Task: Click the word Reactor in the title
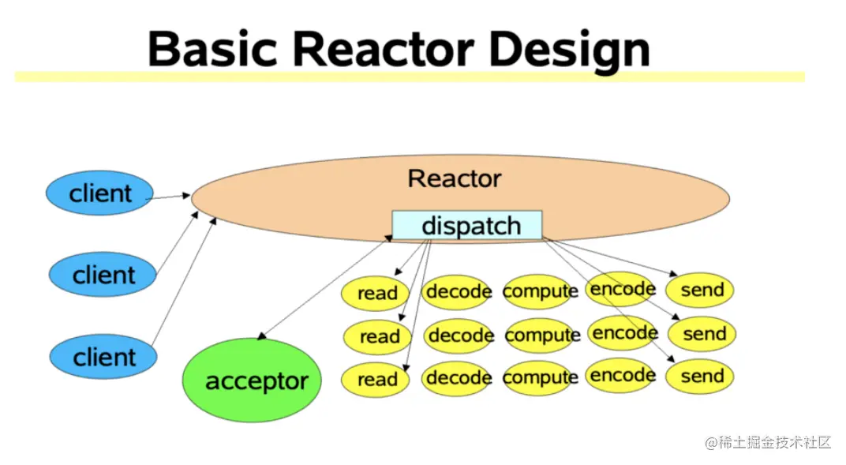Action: [x=383, y=50]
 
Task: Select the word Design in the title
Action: [x=569, y=52]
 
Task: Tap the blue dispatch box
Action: [x=467, y=225]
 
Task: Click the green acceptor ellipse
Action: [x=252, y=380]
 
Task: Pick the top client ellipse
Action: [x=99, y=193]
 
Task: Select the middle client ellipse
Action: [x=103, y=275]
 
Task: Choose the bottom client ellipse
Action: [x=103, y=357]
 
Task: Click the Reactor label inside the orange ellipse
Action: [x=455, y=178]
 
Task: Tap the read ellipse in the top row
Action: [x=376, y=294]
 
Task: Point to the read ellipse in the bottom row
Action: [x=376, y=380]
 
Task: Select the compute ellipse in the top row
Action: [x=540, y=291]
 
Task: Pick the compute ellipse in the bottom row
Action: [x=540, y=377]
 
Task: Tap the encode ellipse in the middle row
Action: [x=623, y=333]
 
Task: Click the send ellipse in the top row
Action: [x=700, y=290]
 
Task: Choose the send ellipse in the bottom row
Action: [x=700, y=376]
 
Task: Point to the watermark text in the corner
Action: [x=769, y=442]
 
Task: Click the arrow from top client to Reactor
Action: [x=168, y=197]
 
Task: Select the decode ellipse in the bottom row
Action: [x=458, y=378]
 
